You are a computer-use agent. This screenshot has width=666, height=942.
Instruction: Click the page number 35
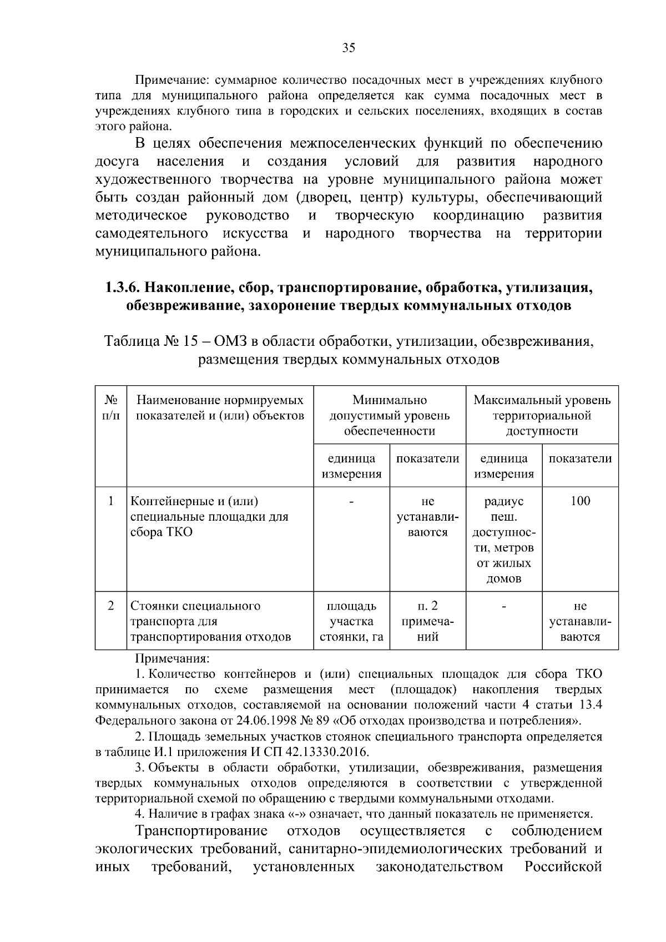click(x=349, y=48)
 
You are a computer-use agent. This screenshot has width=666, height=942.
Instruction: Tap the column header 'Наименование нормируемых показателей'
click(x=220, y=407)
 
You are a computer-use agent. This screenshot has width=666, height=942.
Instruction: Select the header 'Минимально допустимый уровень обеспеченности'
click(x=390, y=415)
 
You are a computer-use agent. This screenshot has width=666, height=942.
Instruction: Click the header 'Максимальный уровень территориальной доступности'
click(x=542, y=415)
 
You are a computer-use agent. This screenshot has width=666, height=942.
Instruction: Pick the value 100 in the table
click(x=580, y=501)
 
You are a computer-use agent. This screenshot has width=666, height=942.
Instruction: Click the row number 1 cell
click(x=111, y=501)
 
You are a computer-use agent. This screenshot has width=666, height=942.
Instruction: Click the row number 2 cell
click(x=111, y=606)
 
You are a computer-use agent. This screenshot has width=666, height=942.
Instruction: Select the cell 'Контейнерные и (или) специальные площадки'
click(x=209, y=516)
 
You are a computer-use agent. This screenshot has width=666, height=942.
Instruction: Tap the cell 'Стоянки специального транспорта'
click(x=210, y=621)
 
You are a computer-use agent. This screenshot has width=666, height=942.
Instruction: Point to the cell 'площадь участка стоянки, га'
click(x=351, y=621)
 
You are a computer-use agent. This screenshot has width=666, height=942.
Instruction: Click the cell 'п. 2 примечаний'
click(x=427, y=621)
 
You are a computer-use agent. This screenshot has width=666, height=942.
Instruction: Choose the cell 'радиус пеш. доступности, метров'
click(x=503, y=540)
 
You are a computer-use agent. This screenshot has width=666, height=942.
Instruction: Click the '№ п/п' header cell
click(x=111, y=407)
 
